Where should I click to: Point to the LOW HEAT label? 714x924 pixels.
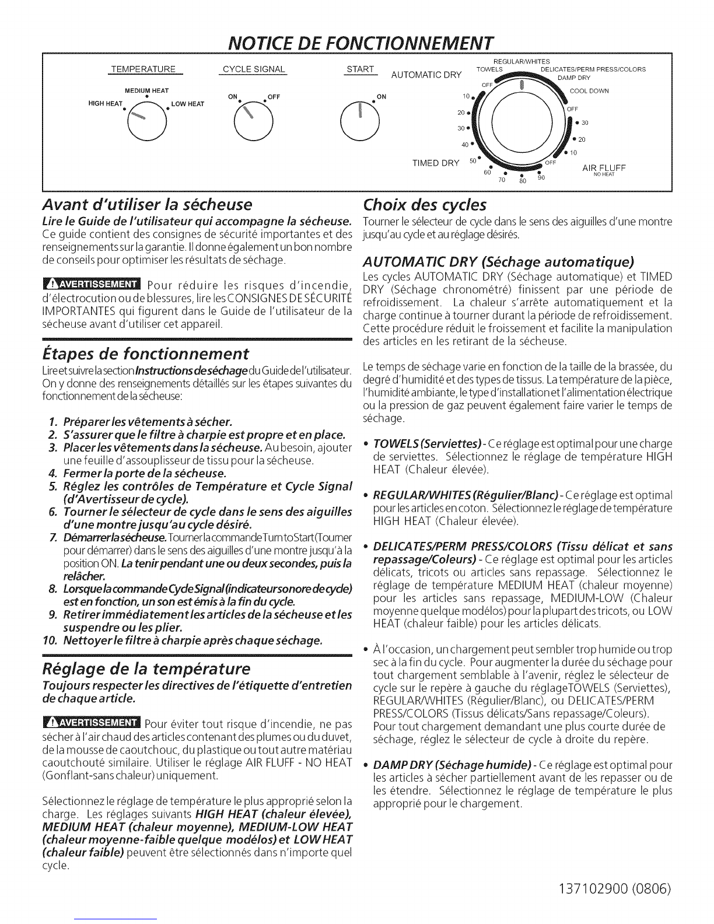pos(188,104)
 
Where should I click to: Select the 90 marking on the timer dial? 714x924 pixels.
pos(541,178)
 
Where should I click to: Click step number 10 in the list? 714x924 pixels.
pos(49,642)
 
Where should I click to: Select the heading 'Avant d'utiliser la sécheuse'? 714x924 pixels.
pos(148,205)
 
